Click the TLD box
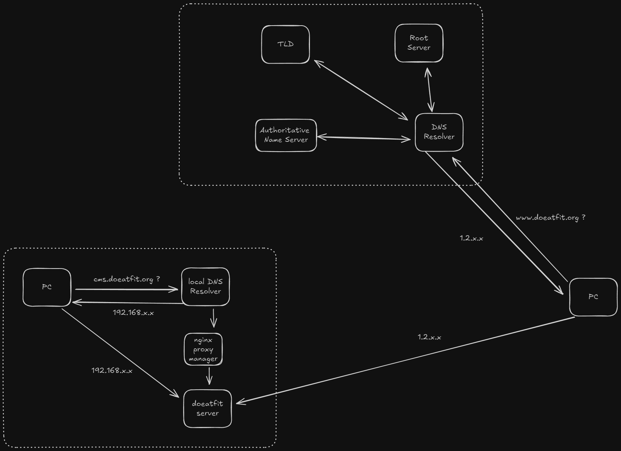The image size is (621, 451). (x=285, y=44)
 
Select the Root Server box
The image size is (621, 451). (x=419, y=43)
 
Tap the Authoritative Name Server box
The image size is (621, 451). (x=286, y=135)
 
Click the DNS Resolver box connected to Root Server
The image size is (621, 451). (x=439, y=132)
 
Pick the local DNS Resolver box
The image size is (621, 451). (x=205, y=287)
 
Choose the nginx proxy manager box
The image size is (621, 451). (x=203, y=349)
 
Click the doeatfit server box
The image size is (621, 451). (x=207, y=408)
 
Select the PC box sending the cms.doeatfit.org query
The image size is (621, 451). (x=47, y=287)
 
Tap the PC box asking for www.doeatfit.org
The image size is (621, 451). (x=593, y=297)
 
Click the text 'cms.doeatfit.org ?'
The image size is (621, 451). (x=127, y=279)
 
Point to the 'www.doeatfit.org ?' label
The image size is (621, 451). (x=550, y=218)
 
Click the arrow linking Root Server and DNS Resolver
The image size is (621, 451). (x=430, y=90)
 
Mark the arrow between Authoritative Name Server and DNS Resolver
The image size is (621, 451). (x=364, y=138)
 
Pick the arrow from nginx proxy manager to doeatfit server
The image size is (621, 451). (x=210, y=375)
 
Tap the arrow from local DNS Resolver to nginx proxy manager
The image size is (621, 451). (x=214, y=318)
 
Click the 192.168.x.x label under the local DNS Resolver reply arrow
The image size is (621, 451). (x=133, y=313)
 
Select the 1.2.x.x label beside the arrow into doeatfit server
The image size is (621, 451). (x=429, y=337)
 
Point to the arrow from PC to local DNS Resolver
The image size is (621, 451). (x=126, y=289)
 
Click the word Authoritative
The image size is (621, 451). (x=285, y=131)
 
